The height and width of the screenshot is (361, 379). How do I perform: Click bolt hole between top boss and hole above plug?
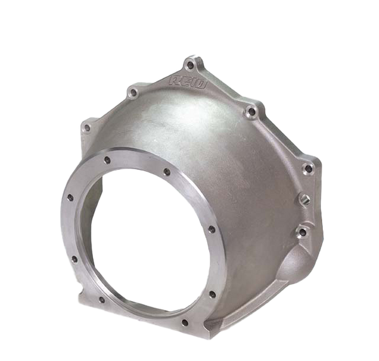pos(251,112)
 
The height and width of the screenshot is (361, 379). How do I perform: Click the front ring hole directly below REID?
pos(166,171)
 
